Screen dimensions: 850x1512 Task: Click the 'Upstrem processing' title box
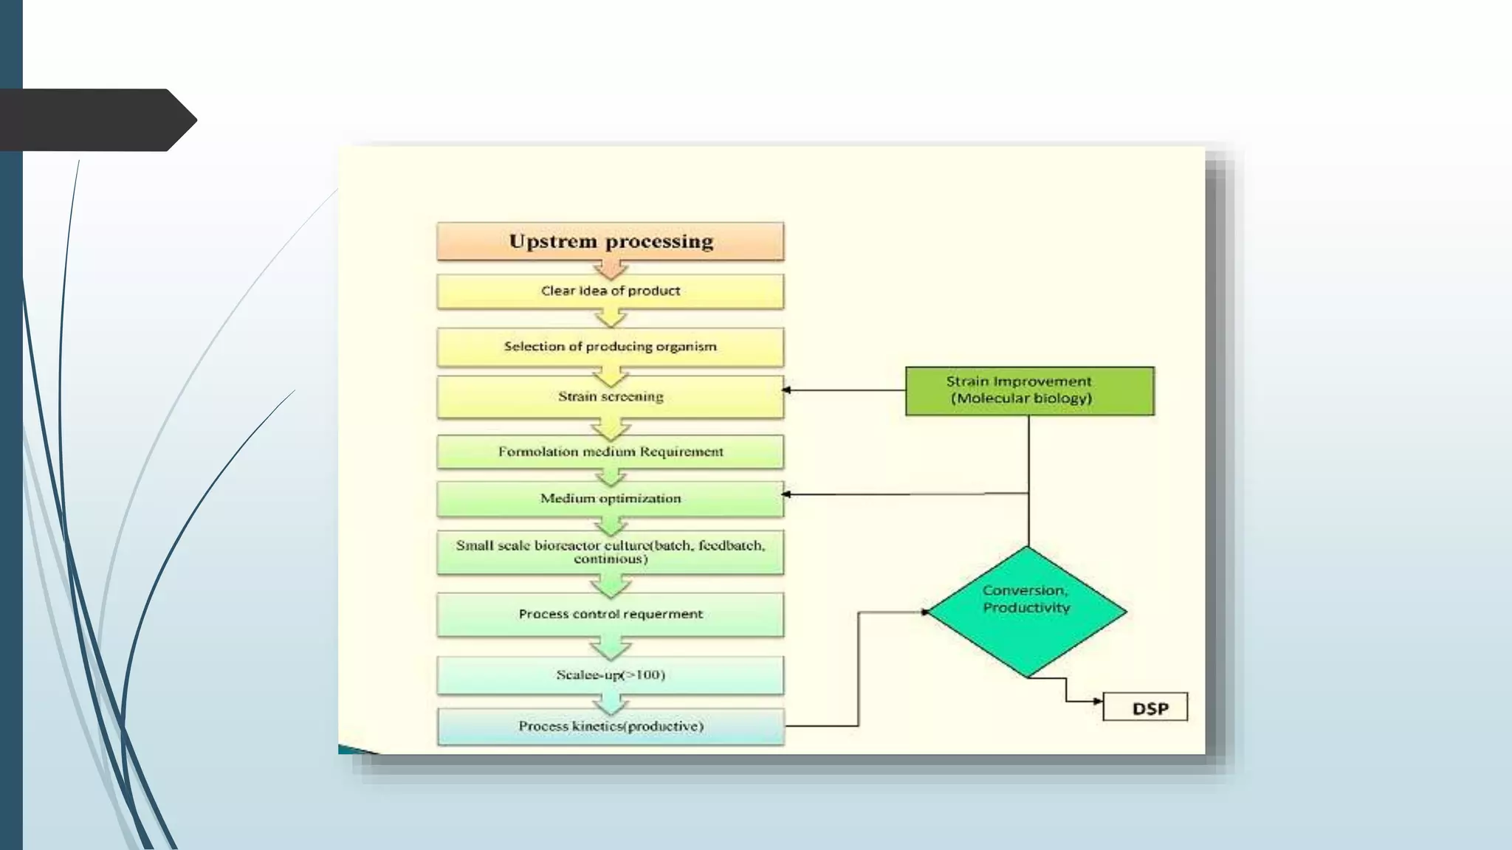610,241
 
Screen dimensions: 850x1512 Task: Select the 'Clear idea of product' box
610,291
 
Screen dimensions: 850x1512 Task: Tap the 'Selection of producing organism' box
610,347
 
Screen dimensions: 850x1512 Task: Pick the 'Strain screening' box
610,397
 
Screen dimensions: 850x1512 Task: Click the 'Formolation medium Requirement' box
610,452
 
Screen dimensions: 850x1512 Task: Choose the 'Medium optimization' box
610,499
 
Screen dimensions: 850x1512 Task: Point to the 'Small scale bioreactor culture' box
610,552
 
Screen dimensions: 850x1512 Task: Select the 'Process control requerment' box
610,614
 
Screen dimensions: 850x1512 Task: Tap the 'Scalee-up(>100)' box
610,675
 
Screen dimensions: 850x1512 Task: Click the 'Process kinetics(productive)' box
610,727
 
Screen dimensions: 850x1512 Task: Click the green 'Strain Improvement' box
1029,390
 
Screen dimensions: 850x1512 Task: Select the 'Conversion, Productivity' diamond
1027,611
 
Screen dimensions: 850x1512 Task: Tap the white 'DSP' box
1145,707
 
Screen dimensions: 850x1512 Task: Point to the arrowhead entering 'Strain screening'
787,390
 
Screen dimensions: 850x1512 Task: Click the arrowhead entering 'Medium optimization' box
787,494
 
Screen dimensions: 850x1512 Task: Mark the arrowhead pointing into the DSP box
1098,701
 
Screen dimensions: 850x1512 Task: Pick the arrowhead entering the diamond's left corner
924,612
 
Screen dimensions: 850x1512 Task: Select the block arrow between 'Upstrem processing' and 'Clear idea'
611,269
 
